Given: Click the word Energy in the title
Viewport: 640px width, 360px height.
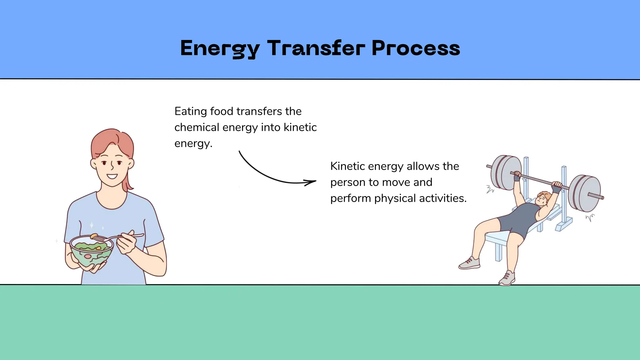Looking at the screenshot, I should pos(220,48).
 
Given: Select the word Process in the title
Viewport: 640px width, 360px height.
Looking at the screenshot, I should pos(416,48).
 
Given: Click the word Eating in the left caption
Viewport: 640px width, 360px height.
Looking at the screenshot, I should pos(190,111).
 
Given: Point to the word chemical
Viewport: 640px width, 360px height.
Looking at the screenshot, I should pos(197,127).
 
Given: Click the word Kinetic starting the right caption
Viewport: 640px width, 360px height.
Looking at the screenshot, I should pos(347,166).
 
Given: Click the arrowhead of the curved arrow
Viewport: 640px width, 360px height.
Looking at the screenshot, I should pos(311,182).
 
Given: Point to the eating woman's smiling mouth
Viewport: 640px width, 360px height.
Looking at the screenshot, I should pos(112,177).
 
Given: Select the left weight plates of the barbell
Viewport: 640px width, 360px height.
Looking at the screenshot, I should pos(505,172).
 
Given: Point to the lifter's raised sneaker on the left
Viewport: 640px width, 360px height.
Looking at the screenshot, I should pos(469,263).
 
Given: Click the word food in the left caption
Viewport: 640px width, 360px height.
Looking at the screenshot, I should pos(222,111).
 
